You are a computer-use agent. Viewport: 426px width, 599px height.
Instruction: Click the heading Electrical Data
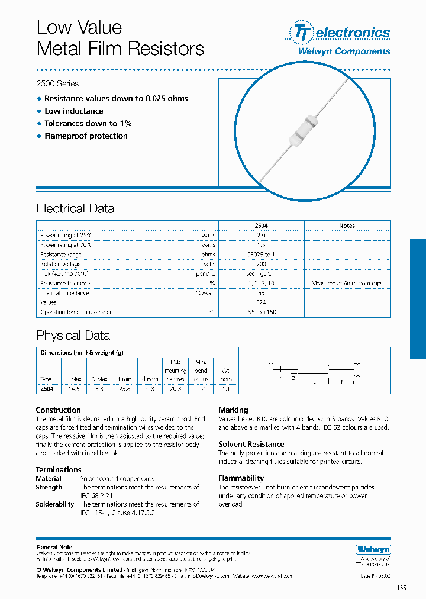pos(75,208)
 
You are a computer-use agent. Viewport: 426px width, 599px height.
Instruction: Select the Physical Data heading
pos(73,335)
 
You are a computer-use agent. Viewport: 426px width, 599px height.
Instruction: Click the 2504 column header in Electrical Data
pos(261,226)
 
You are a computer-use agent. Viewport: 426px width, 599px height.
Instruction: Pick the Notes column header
pos(347,226)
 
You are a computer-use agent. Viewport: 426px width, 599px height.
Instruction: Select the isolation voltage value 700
pos(261,264)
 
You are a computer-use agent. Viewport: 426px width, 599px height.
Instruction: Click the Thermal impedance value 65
pos(261,293)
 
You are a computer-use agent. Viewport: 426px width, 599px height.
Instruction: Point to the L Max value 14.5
pos(73,389)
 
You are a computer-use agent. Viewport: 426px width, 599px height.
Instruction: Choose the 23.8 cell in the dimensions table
pos(124,389)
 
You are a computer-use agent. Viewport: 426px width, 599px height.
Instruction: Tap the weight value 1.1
pos(225,389)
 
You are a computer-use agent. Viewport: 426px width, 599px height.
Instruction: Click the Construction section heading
pos(58,410)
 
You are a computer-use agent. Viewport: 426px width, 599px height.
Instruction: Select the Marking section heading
pos(233,410)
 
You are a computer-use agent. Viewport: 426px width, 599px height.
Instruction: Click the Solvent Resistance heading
pos(251,444)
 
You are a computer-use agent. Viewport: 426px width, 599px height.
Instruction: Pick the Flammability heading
pos(241,478)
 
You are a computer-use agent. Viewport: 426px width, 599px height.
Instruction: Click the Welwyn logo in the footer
pos(373,549)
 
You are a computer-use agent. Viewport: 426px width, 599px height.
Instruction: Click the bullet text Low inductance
pos(73,111)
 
